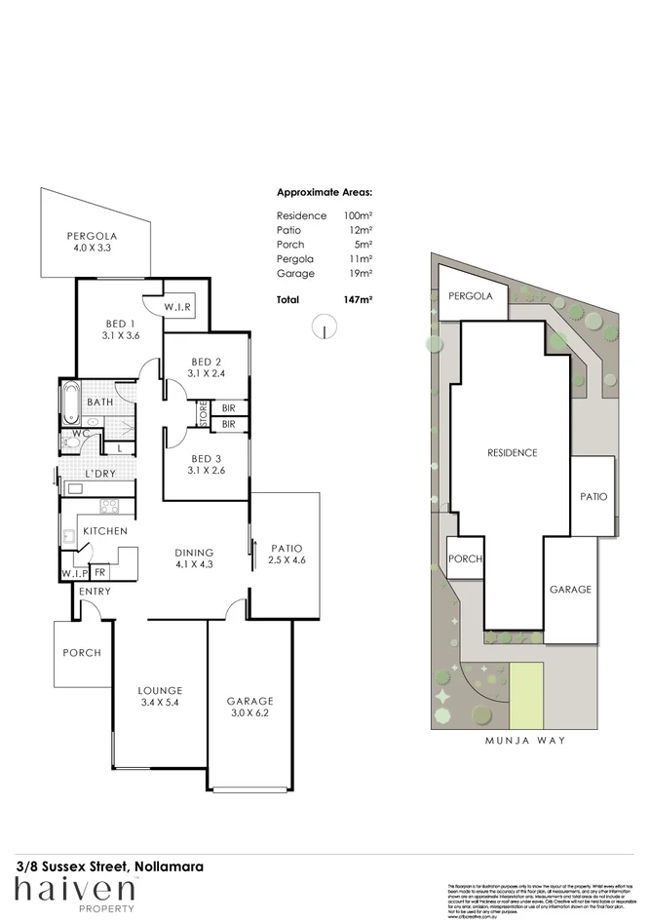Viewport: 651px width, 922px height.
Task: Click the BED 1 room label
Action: [120, 328]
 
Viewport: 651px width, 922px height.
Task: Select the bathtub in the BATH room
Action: [72, 401]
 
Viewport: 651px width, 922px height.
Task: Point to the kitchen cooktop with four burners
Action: [109, 505]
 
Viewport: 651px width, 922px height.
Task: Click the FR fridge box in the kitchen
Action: [100, 573]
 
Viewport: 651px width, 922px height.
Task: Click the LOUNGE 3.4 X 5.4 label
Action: [160, 697]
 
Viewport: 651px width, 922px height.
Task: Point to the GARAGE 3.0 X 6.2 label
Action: [249, 707]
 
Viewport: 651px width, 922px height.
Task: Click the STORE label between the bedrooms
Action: [204, 414]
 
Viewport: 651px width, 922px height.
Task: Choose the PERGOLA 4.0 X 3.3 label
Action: [92, 242]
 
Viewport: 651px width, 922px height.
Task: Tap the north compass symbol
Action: [321, 328]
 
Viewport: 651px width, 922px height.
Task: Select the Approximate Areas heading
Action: [325, 193]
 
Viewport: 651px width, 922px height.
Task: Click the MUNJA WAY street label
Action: [524, 740]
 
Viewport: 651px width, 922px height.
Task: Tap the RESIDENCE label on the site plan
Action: [512, 453]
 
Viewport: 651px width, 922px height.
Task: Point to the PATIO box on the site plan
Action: [593, 496]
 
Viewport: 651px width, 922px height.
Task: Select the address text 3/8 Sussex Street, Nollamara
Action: [109, 864]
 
